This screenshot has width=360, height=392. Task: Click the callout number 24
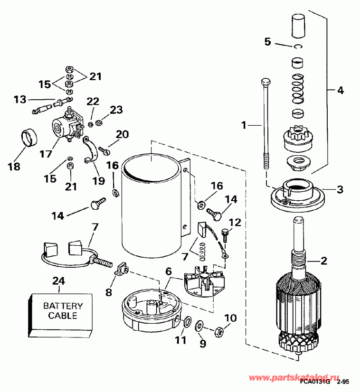coord(58,280)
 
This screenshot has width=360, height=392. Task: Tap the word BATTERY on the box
coord(63,306)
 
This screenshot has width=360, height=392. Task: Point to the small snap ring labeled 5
coord(298,46)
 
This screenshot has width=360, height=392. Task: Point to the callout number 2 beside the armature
coord(323,260)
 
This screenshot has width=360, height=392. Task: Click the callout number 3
coord(339,190)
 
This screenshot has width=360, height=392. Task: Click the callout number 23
coord(116,110)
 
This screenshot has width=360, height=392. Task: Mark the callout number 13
coord(20,99)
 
